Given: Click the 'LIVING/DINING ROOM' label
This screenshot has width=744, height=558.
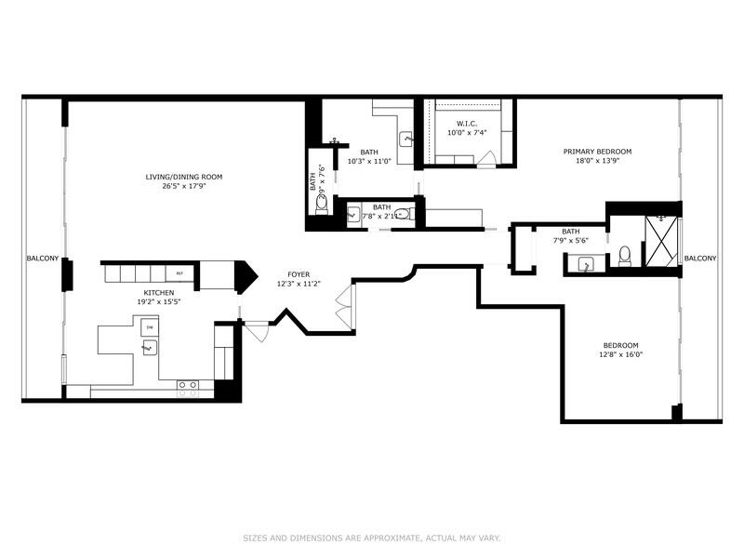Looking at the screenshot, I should click(x=183, y=177).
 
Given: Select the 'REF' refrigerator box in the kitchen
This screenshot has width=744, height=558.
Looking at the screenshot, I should click(x=180, y=273).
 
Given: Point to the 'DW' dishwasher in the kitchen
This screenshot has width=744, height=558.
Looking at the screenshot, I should click(x=149, y=328).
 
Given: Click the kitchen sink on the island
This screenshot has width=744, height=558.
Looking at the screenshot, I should click(x=148, y=349).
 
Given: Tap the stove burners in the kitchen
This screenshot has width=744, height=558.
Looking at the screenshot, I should click(x=187, y=384).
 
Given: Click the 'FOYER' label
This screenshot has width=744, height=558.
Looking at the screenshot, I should click(x=299, y=274).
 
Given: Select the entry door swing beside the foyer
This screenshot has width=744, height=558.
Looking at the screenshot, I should click(x=257, y=331).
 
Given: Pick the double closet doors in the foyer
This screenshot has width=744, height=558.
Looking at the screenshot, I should click(x=345, y=308).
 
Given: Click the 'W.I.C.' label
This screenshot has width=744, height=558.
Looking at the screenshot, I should click(x=467, y=124).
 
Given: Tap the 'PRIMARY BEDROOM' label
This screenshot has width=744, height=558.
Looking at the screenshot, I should click(x=597, y=152).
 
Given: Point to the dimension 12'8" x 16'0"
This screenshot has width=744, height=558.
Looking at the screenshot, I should click(x=621, y=353).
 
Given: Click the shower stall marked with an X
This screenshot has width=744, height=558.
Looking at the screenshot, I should click(x=661, y=241).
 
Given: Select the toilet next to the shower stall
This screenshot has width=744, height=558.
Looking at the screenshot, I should click(x=625, y=255).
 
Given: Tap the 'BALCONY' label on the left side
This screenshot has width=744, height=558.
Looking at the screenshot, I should click(x=43, y=259).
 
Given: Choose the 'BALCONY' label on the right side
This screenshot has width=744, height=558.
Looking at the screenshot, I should click(x=700, y=259).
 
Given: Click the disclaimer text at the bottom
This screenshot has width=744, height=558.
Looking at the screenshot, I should click(x=372, y=538).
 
